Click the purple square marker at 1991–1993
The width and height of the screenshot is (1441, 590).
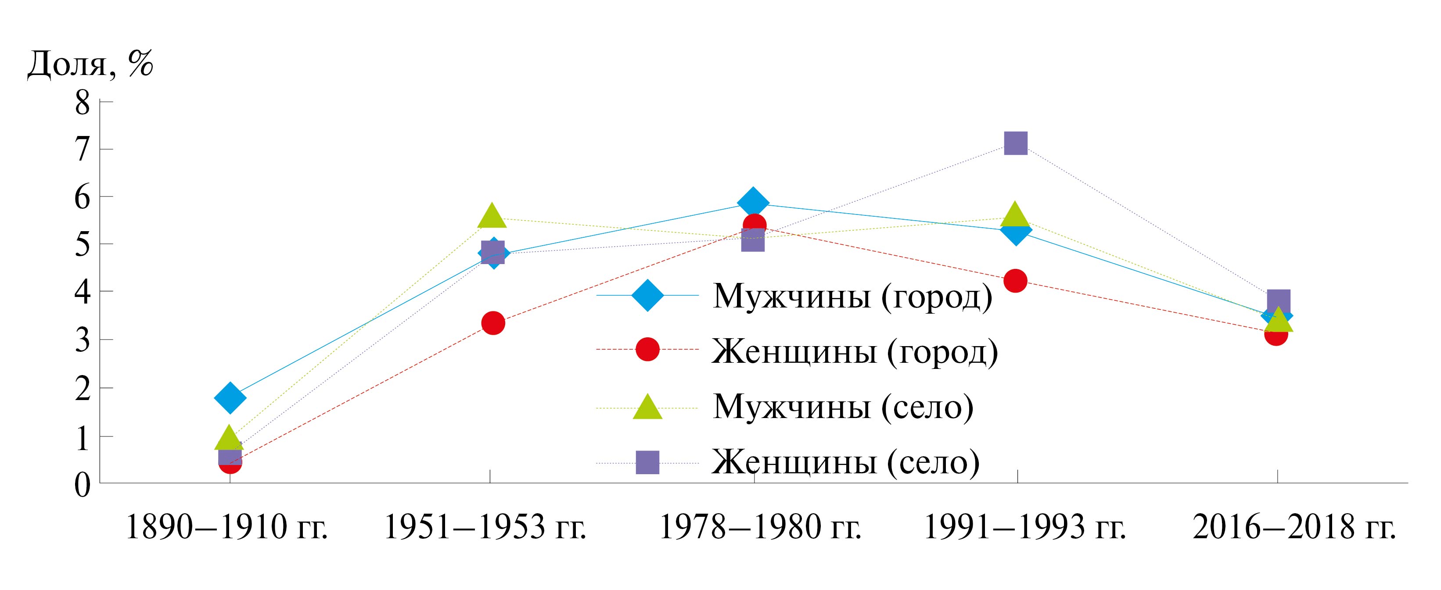click(1016, 143)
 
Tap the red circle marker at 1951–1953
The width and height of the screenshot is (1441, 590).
click(493, 323)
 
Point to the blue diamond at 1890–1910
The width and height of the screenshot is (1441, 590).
click(230, 397)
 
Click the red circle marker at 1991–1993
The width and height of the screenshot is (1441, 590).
click(1015, 280)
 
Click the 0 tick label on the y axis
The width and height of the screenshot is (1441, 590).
click(82, 484)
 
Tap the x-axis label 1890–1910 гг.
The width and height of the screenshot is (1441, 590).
click(227, 528)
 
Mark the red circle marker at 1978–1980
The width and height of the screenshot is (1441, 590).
click(755, 225)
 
